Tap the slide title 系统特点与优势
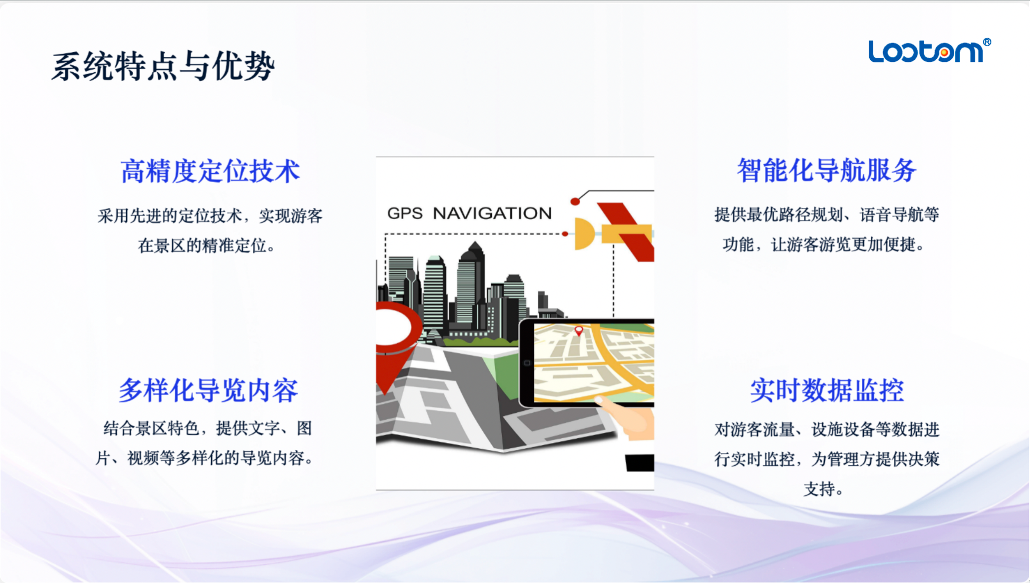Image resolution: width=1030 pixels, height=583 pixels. click(163, 66)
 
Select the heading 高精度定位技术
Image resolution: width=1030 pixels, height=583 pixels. click(210, 171)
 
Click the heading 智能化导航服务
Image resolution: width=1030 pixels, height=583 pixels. click(827, 170)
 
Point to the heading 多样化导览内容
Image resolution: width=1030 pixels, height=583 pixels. click(208, 390)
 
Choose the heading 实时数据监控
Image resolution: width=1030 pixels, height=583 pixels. click(827, 390)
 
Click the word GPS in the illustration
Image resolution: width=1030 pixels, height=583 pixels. click(405, 213)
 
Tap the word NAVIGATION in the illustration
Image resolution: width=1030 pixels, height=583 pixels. click(492, 213)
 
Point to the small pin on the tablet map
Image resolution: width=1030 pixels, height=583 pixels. click(578, 331)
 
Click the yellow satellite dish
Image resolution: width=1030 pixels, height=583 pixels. click(584, 234)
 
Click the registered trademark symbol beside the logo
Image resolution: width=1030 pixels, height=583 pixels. click(987, 42)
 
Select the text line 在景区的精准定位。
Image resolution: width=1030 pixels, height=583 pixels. click(207, 245)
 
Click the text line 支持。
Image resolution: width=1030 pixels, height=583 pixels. click(823, 489)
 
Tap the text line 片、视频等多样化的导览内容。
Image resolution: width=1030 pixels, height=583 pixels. click(205, 458)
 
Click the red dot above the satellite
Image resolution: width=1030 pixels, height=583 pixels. click(575, 201)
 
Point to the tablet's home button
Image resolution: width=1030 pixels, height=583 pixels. click(527, 363)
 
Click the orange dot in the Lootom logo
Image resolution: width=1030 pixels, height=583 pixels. click(944, 52)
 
